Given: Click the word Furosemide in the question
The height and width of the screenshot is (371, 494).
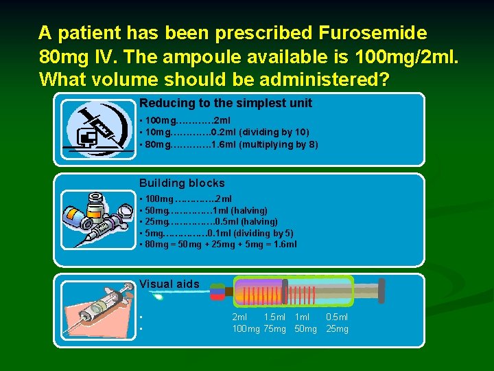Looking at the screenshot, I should tap(373, 32).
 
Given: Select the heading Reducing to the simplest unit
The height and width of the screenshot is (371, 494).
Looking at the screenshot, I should tap(226, 103).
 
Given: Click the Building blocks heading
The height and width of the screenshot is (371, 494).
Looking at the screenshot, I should tap(182, 183).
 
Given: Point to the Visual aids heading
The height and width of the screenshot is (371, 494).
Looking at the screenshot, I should tap(169, 284).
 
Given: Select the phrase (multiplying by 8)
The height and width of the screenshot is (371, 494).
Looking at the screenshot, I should tap(279, 144).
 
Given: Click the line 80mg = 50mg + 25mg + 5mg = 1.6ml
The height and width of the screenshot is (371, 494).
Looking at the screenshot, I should tap(218, 245).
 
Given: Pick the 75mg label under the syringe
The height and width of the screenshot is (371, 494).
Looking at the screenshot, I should tap(274, 329).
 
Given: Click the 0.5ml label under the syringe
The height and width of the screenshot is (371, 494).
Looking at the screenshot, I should tap(337, 317).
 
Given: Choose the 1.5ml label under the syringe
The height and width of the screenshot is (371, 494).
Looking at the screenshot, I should tap(275, 317).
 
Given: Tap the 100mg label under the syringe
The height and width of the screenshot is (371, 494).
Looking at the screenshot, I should tap(246, 329).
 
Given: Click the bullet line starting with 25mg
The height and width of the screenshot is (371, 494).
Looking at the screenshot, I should tap(209, 221).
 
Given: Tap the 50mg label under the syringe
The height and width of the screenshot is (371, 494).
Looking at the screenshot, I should tap(306, 329).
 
